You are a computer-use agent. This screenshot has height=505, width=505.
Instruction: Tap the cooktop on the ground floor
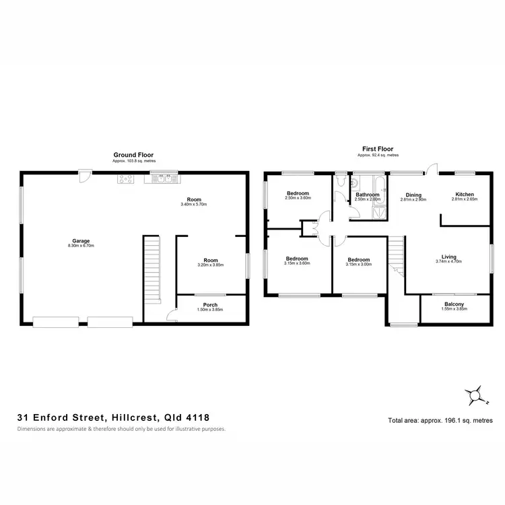point(125,178)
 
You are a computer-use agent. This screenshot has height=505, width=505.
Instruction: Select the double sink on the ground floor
point(164,178)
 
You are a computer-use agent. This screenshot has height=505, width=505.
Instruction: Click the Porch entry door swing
point(171,313)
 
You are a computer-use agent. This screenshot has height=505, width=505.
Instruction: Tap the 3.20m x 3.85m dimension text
point(211,265)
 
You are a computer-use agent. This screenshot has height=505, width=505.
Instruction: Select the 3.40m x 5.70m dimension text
point(195,205)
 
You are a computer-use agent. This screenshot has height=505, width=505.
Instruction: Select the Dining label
point(413,195)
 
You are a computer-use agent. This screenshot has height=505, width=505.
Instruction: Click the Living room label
point(448,256)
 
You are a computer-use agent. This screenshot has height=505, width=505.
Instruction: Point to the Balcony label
point(453,304)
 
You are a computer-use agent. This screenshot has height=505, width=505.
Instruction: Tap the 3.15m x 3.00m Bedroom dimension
point(359,265)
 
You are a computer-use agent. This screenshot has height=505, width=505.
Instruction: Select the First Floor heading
point(377,149)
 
